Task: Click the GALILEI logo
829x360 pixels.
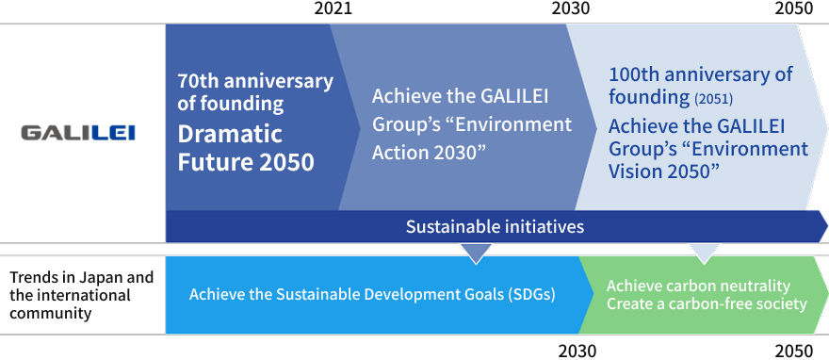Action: tap(78, 133)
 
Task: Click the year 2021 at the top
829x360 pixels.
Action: tap(332, 9)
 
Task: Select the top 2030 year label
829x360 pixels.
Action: tap(570, 9)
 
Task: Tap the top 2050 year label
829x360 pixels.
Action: tap(793, 9)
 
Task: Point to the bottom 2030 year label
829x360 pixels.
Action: tap(577, 351)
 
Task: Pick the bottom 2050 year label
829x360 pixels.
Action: tap(793, 351)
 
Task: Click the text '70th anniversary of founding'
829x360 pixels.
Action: tap(254, 92)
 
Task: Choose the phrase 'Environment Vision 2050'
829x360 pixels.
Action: tap(707, 159)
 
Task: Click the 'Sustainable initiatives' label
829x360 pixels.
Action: tap(495, 226)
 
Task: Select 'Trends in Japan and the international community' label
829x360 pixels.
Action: tap(81, 295)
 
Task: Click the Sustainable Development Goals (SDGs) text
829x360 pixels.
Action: tap(371, 294)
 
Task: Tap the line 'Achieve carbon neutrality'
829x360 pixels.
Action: tap(697, 286)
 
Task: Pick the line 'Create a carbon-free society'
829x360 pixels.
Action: tap(707, 303)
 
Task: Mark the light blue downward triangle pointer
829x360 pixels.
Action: tap(704, 252)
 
